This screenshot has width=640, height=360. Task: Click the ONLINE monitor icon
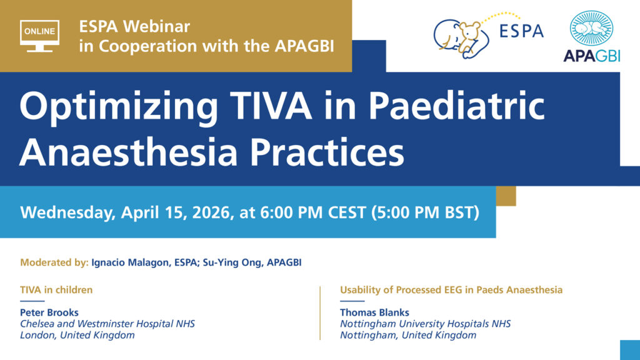[x=39, y=36]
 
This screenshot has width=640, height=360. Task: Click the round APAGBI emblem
[x=591, y=28]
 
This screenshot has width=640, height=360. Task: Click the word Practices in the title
[x=327, y=152]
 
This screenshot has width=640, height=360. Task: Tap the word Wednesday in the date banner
[x=67, y=213]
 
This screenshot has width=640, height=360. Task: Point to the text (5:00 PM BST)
[x=425, y=212]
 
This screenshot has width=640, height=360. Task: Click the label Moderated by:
[x=54, y=262]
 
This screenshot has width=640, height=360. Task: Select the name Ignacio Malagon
[x=130, y=262]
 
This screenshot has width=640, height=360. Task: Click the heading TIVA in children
[x=56, y=290]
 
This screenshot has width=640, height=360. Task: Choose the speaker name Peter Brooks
[x=49, y=312]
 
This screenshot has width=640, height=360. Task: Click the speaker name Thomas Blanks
[x=374, y=312]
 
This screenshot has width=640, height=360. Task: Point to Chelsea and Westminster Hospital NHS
[x=107, y=324]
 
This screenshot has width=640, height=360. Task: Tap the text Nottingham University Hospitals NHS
[x=425, y=324]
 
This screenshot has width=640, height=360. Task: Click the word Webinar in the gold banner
[x=157, y=26]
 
